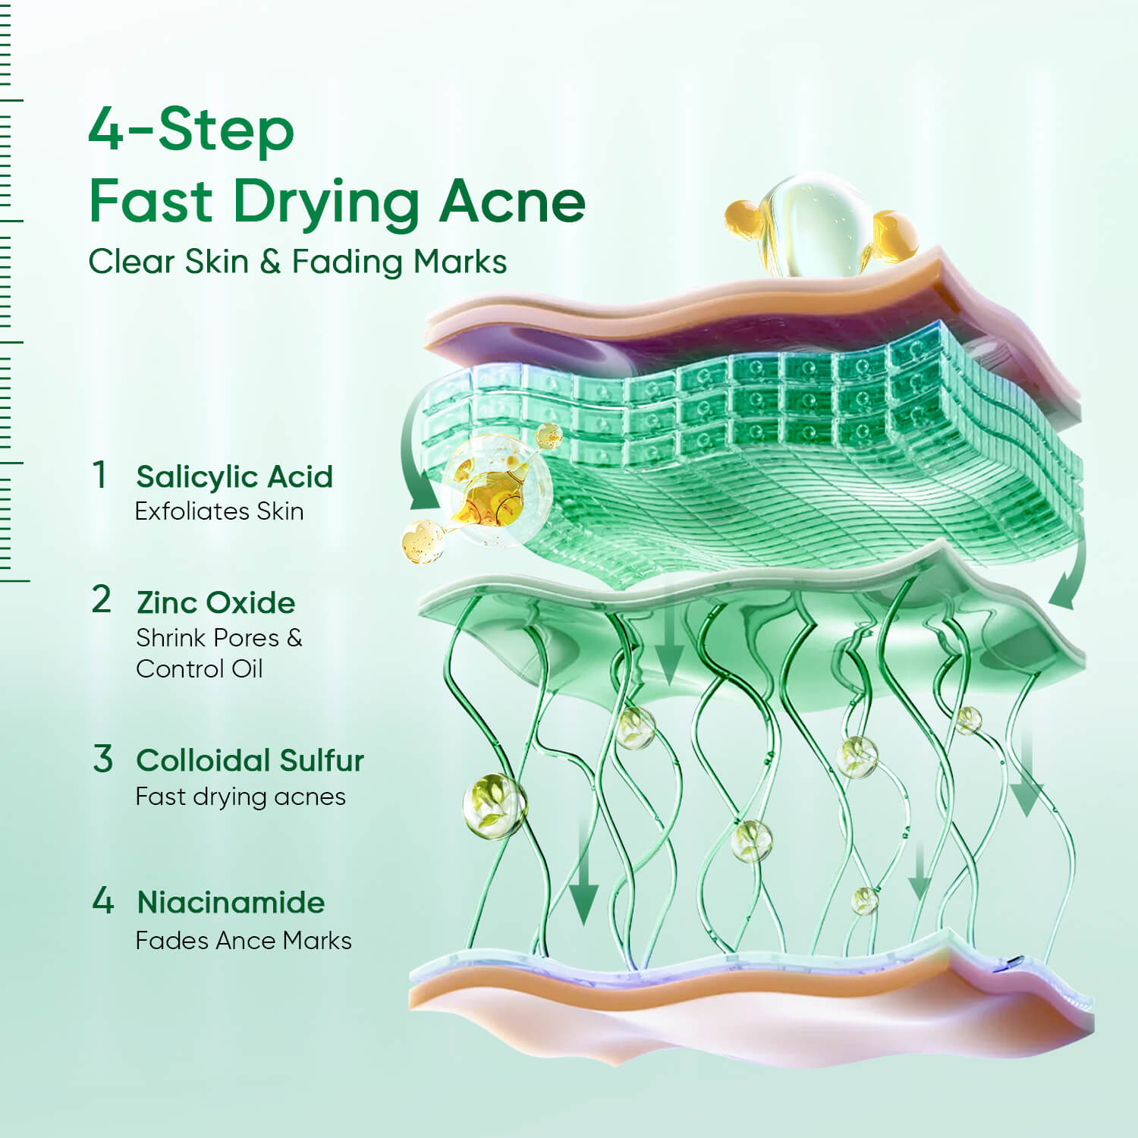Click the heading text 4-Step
191,130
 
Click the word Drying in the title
326,202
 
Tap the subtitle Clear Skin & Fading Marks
297,262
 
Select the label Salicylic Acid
234,476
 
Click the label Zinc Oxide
216,602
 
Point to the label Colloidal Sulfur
250,760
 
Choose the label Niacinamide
231,902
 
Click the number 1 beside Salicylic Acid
99,475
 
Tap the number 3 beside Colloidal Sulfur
103,759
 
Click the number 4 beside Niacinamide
103,901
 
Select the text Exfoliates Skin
219,511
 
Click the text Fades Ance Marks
244,941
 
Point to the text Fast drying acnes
240,797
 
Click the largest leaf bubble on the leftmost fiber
495,806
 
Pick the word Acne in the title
513,202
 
